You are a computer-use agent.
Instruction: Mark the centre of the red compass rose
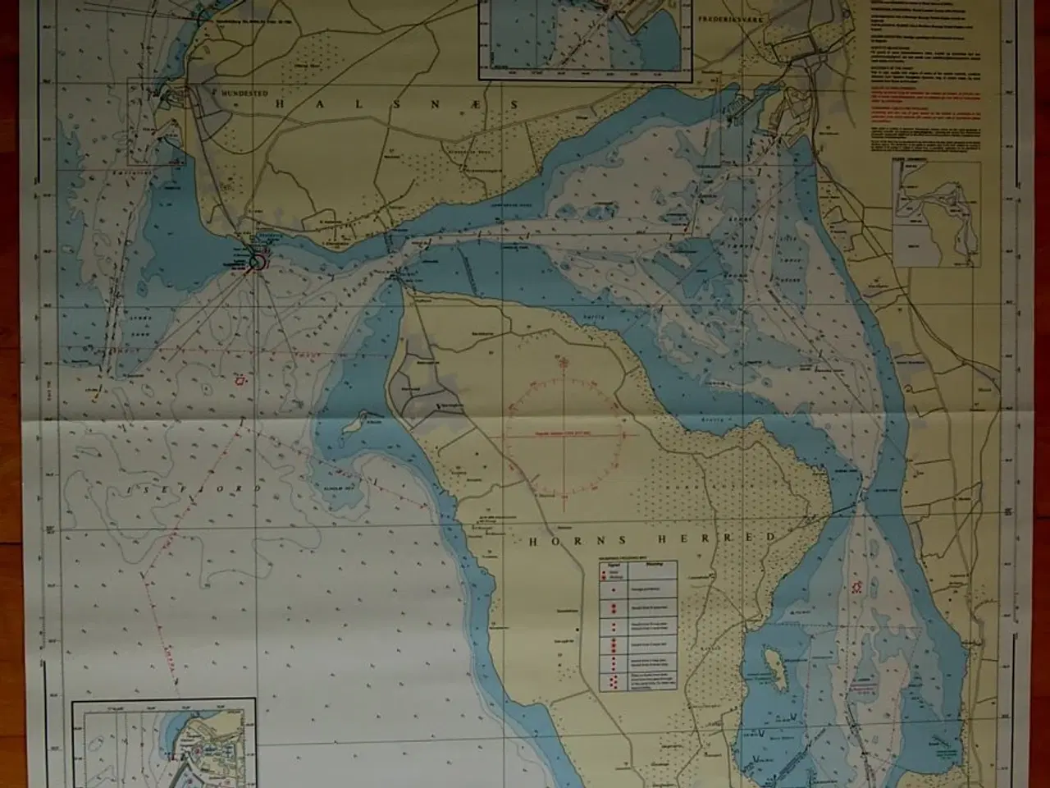click(x=563, y=431)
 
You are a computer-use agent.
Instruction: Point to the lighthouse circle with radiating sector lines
click(x=257, y=262)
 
